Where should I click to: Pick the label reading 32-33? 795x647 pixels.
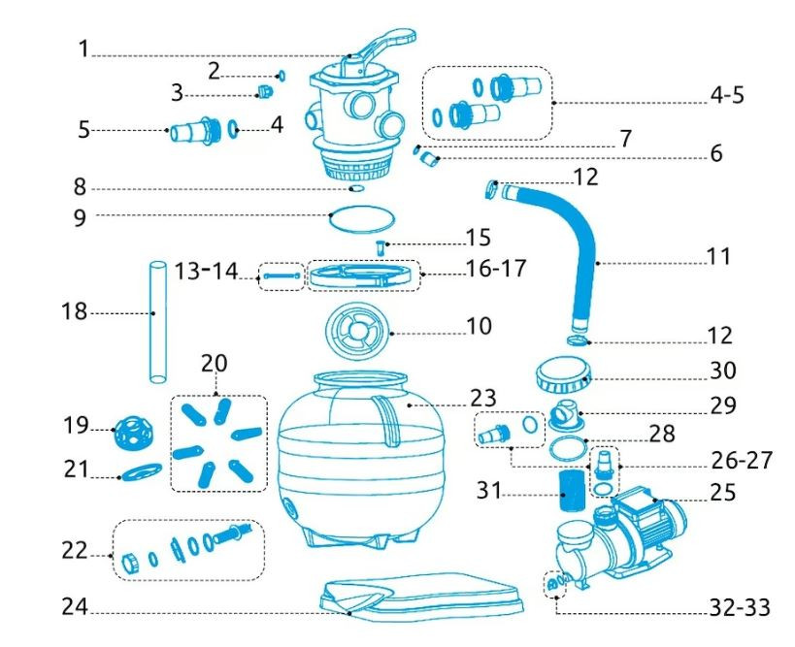[x=737, y=608]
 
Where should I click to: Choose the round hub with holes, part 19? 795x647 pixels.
[x=130, y=435]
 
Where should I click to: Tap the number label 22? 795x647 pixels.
[x=75, y=550]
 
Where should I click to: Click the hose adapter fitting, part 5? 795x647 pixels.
[x=194, y=129]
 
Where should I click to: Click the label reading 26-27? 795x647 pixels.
[x=741, y=460]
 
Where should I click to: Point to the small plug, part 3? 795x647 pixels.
[x=262, y=93]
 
